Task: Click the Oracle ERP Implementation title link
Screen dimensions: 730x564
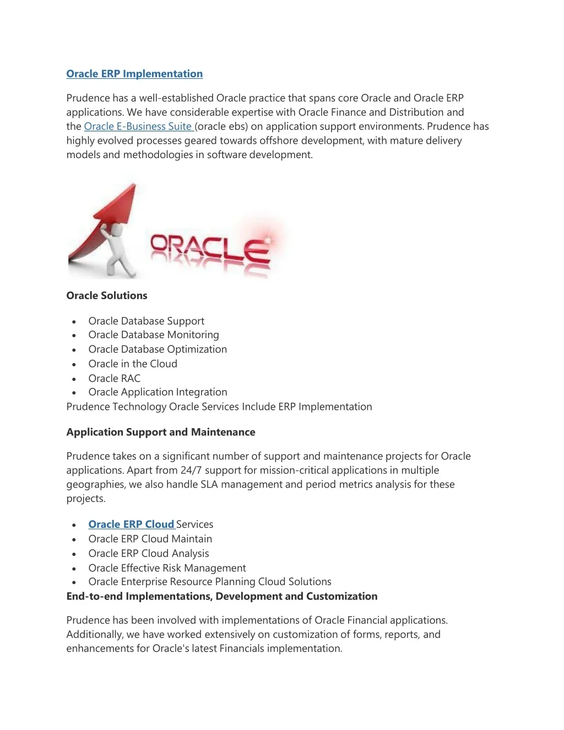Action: pyautogui.click(x=134, y=74)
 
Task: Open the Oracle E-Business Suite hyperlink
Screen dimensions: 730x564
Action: pyautogui.click(x=138, y=127)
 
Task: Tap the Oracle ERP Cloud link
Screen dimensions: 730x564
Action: pyautogui.click(x=131, y=524)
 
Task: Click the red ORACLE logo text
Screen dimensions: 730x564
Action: pyautogui.click(x=210, y=248)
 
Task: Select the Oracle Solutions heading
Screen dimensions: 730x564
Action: pyautogui.click(x=107, y=296)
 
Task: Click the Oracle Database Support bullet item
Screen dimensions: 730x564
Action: pyautogui.click(x=146, y=321)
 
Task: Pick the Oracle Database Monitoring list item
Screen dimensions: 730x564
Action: pyautogui.click(x=153, y=335)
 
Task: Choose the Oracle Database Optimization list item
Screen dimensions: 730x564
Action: pyautogui.click(x=158, y=349)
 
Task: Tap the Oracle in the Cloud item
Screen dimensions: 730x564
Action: pyautogui.click(x=133, y=364)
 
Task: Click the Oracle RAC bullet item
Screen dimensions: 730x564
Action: pyautogui.click(x=115, y=378)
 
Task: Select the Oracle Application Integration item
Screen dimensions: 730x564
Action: pyautogui.click(x=158, y=392)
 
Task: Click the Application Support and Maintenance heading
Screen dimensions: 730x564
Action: pyautogui.click(x=161, y=432)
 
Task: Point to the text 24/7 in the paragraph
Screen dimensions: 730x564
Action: pyautogui.click(x=191, y=471)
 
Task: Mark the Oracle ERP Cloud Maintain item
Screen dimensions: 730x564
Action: pyautogui.click(x=150, y=539)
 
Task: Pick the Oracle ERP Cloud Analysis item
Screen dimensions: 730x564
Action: pyautogui.click(x=149, y=554)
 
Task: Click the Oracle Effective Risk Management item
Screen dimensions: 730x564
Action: pyautogui.click(x=167, y=568)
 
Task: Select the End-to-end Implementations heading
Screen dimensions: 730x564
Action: pyautogui.click(x=222, y=597)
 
